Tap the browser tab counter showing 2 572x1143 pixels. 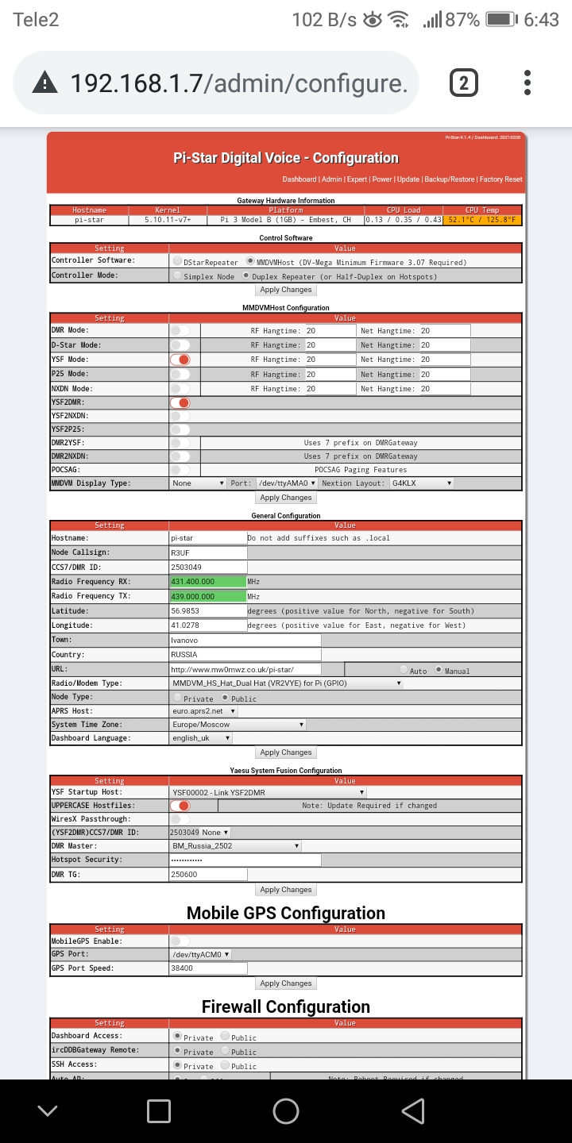(464, 83)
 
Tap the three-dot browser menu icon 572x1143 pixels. (528, 83)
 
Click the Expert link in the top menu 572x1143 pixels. (357, 179)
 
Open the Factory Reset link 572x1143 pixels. (501, 179)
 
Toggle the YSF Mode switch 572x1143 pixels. (180, 360)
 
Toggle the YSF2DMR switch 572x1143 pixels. (180, 403)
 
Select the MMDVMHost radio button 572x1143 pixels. (251, 261)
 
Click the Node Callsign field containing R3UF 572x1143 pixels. (208, 552)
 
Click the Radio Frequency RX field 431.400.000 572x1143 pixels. (208, 582)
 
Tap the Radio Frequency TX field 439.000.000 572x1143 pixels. (208, 596)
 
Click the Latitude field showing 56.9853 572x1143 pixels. (208, 611)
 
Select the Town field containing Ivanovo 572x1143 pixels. (245, 640)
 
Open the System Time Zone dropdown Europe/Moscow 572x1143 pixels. (238, 725)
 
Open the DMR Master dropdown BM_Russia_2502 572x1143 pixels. (235, 846)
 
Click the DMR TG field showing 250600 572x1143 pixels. (208, 875)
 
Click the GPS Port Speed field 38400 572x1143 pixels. (208, 968)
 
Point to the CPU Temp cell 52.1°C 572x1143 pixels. (482, 220)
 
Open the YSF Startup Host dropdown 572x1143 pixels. (268, 792)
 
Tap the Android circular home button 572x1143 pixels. (286, 1111)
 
